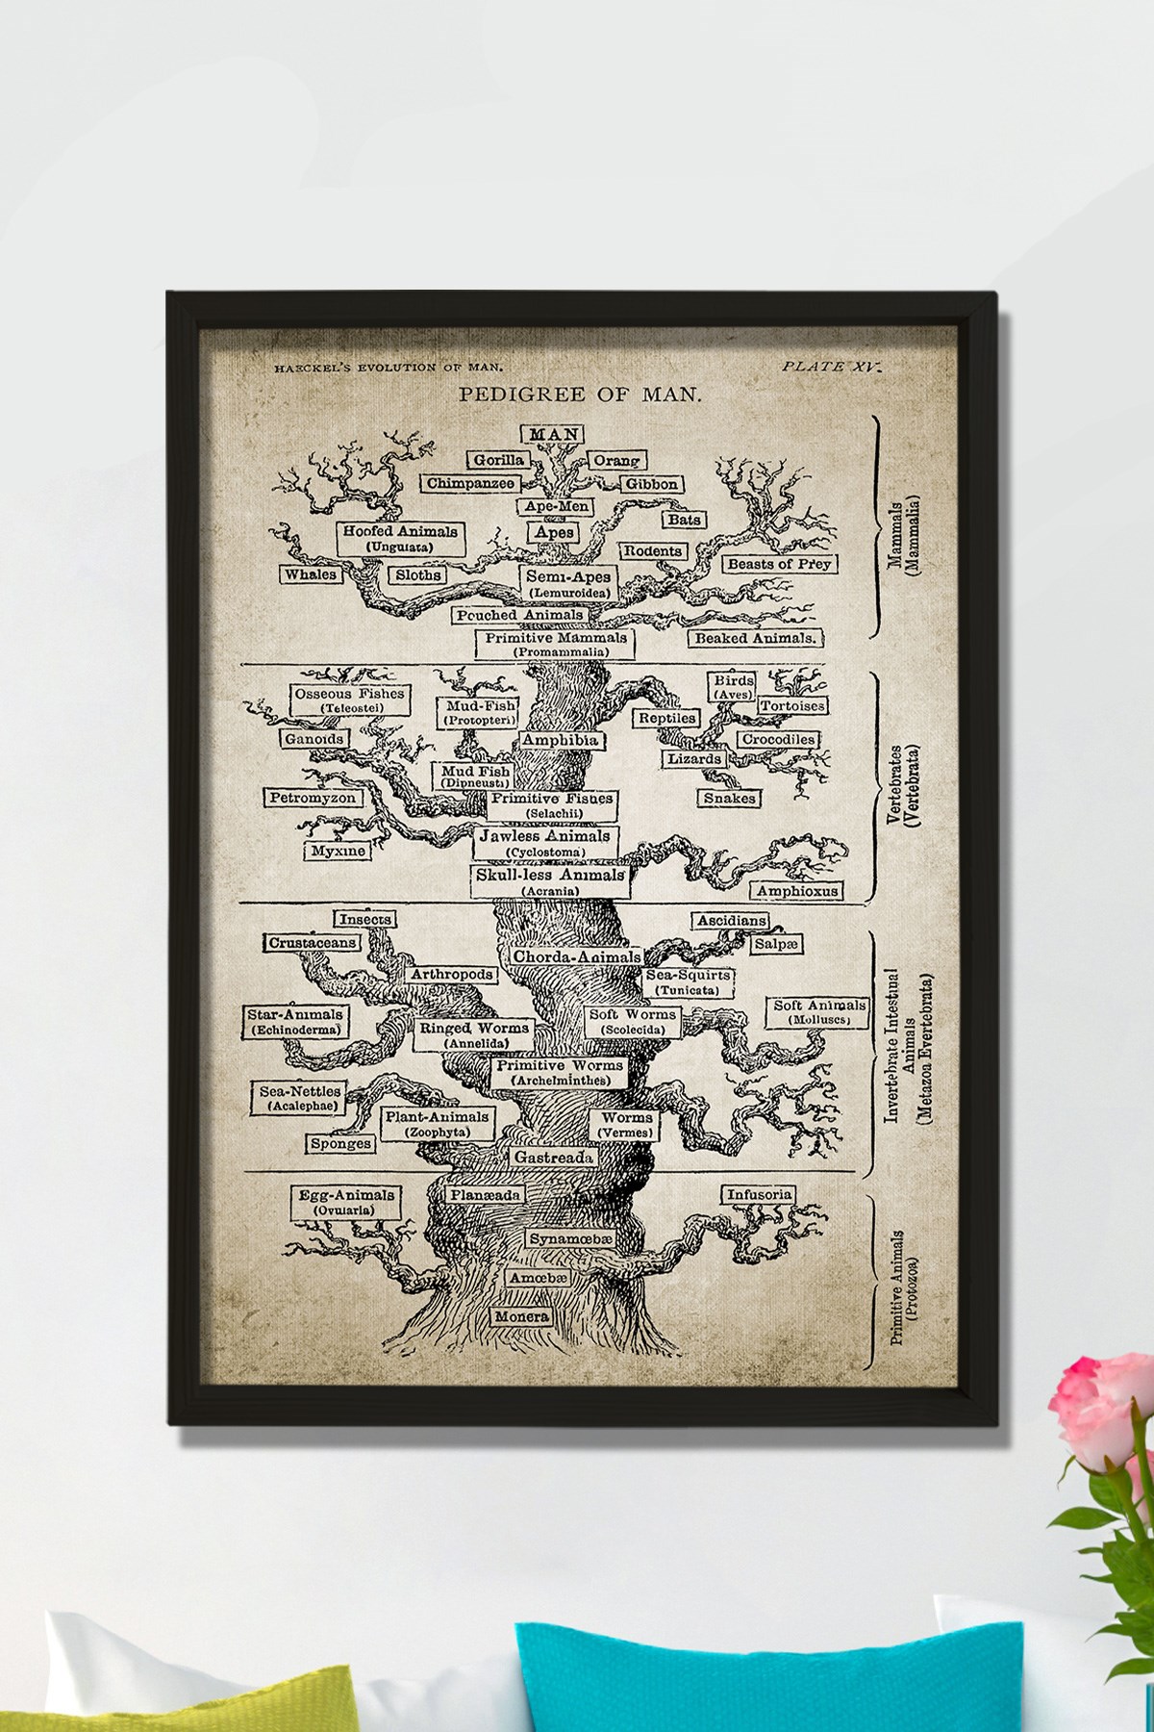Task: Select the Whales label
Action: (311, 574)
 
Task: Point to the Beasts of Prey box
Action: (778, 563)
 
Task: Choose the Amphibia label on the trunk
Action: (560, 740)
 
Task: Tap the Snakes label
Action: (730, 798)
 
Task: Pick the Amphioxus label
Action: (797, 891)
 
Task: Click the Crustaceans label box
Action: (313, 943)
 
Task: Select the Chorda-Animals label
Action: (576, 957)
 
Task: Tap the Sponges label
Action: (340, 1144)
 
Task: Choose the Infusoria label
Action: (760, 1195)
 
